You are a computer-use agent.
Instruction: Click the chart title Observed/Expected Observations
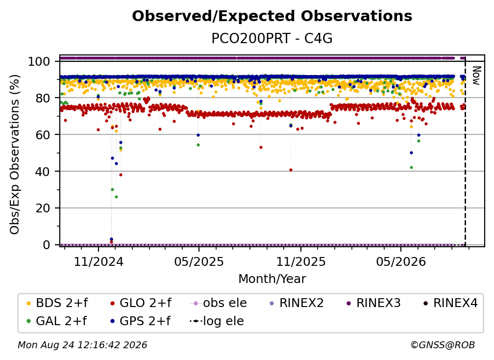(x=272, y=16)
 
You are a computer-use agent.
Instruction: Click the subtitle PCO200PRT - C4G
(x=272, y=38)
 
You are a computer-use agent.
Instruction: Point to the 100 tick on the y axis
(x=39, y=61)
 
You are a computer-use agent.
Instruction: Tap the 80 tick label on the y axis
(x=43, y=98)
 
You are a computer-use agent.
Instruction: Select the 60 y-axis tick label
(x=43, y=134)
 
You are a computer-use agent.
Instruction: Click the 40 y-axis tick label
(x=43, y=172)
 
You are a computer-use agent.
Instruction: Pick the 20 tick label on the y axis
(x=43, y=208)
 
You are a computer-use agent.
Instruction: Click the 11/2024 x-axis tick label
(x=99, y=261)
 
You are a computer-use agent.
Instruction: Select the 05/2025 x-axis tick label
(x=199, y=261)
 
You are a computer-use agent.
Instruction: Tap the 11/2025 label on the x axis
(x=301, y=261)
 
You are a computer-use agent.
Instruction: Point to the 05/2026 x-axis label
(x=401, y=261)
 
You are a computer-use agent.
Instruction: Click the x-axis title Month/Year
(x=272, y=279)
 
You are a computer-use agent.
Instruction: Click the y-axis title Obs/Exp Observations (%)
(x=15, y=154)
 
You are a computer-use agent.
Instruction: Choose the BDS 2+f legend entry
(x=57, y=303)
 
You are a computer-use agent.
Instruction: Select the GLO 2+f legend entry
(x=141, y=303)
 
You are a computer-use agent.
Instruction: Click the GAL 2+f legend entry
(x=57, y=321)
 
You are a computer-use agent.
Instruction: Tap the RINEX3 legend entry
(x=373, y=303)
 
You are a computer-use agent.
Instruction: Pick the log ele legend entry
(x=217, y=321)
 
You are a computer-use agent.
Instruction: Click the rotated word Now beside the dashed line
(x=476, y=76)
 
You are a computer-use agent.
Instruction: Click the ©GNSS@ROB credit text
(x=443, y=345)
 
